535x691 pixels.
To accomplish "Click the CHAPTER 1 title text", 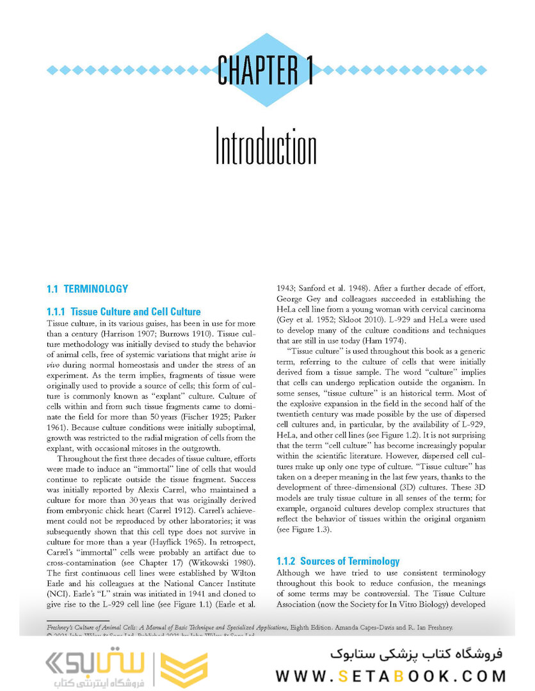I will click(x=266, y=70).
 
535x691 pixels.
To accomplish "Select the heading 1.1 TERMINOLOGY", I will click(x=87, y=289).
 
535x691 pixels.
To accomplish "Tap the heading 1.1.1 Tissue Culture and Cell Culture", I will click(x=124, y=312).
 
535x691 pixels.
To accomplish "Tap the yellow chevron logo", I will click(x=182, y=670).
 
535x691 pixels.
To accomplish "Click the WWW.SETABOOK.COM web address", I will click(x=391, y=676).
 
